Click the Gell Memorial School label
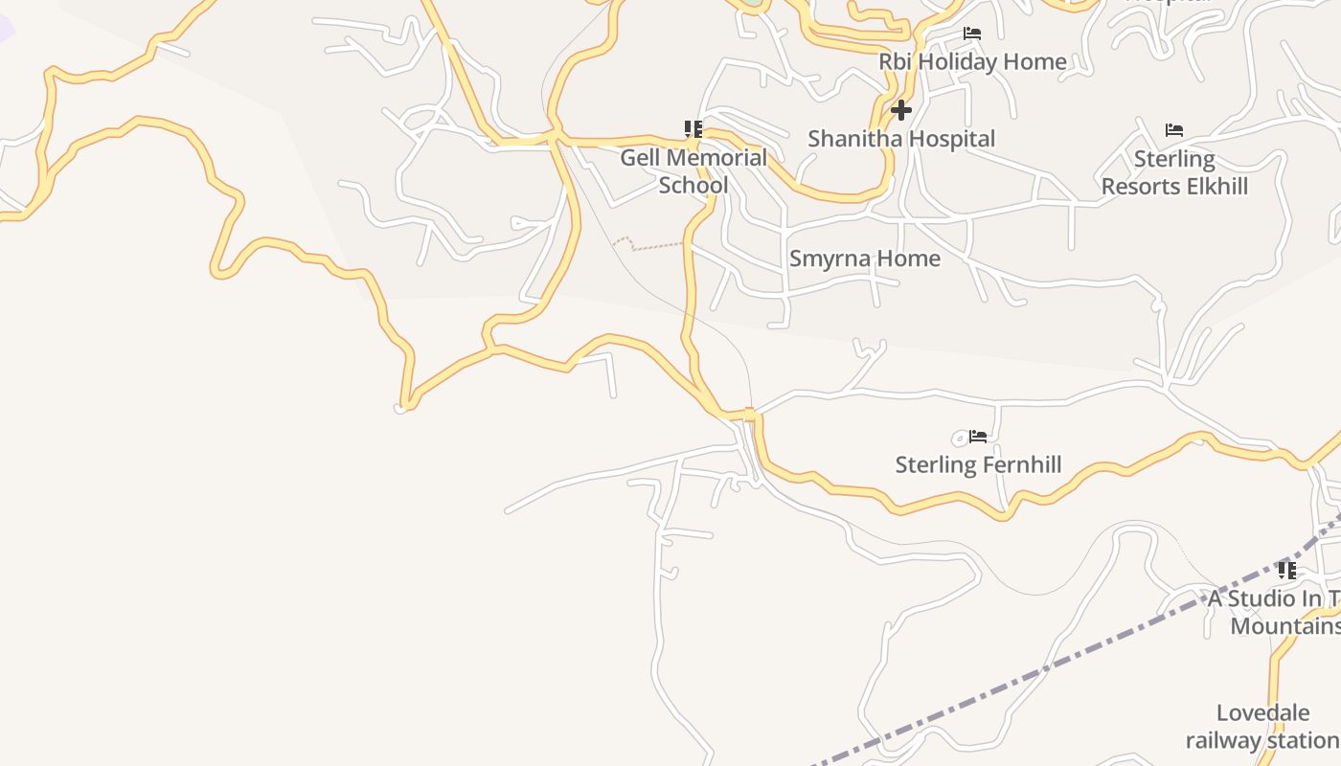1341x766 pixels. [693, 171]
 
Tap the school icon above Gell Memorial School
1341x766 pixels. [693, 128]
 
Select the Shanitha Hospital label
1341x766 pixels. [901, 139]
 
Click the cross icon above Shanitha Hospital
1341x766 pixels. [900, 110]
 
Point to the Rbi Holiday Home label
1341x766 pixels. [972, 61]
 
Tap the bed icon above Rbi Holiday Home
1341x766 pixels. [972, 34]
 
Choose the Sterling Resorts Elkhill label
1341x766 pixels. [1174, 172]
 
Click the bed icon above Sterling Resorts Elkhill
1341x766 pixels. [1174, 130]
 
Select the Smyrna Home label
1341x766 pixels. [864, 259]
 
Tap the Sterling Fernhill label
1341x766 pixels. [978, 465]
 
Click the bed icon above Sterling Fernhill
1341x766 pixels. [978, 437]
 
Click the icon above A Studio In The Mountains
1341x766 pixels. [1287, 571]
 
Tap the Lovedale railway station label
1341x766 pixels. [1262, 727]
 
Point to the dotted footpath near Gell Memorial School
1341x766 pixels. [651, 247]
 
